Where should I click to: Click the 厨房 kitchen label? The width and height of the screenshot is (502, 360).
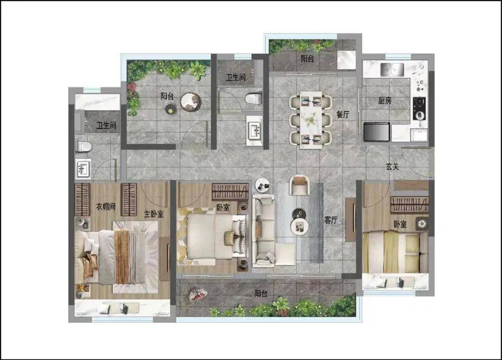click(384, 100)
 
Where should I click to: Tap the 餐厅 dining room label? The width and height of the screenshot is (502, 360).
click(343, 114)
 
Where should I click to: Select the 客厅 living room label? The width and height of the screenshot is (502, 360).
click(331, 220)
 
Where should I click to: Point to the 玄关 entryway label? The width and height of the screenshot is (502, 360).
click(392, 167)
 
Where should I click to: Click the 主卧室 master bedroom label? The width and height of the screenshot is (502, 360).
click(154, 214)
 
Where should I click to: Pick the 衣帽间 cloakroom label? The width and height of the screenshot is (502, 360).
click(106, 207)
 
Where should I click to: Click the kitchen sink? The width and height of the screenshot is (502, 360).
click(392, 69)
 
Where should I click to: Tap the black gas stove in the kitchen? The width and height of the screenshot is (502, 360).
click(419, 108)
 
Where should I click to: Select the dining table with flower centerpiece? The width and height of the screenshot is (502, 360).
click(311, 120)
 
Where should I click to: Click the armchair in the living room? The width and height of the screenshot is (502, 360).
click(299, 185)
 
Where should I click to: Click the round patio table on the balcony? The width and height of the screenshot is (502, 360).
click(191, 101)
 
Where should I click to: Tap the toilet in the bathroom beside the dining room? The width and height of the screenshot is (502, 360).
click(253, 98)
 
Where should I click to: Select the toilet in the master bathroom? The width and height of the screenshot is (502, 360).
click(84, 147)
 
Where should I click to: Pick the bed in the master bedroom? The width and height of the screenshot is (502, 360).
click(117, 257)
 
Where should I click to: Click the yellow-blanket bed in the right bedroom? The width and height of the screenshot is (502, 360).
click(396, 252)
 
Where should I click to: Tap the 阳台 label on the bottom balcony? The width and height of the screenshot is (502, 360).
click(261, 293)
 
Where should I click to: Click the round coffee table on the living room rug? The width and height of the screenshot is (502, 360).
click(299, 226)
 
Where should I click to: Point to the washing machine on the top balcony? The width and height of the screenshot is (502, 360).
click(346, 60)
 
